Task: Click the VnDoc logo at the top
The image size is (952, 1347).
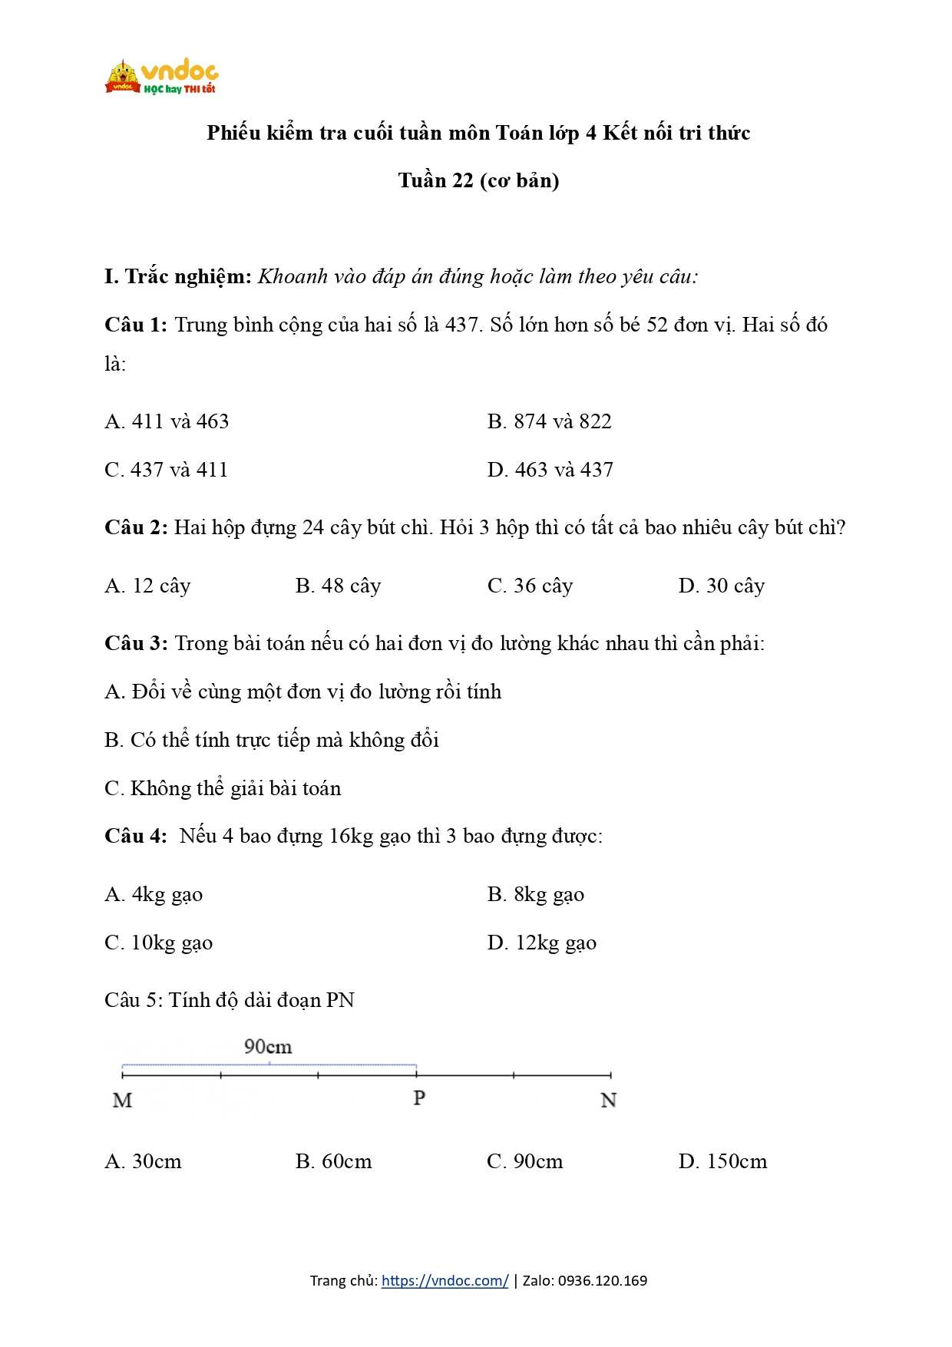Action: (162, 77)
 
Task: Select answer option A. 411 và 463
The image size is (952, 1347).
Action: (167, 421)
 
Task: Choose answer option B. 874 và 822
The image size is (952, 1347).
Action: (549, 421)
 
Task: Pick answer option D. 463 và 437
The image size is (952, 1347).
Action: (550, 470)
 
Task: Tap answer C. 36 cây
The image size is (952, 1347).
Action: (530, 586)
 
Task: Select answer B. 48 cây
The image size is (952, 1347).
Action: (338, 586)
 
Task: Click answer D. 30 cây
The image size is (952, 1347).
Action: (721, 586)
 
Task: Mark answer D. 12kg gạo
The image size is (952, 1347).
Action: (541, 943)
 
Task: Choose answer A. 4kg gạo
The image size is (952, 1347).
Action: (154, 894)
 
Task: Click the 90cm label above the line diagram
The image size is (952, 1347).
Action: (268, 1047)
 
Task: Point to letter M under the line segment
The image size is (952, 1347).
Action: (122, 1101)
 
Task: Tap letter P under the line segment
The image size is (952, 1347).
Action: (419, 1098)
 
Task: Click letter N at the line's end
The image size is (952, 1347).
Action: (608, 1101)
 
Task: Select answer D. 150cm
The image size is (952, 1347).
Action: (722, 1161)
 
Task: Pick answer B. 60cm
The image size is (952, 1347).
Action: (333, 1161)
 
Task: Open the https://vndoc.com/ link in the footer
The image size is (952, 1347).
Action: (445, 1280)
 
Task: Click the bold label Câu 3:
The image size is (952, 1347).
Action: (136, 643)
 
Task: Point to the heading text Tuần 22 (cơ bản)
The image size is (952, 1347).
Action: (478, 180)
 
